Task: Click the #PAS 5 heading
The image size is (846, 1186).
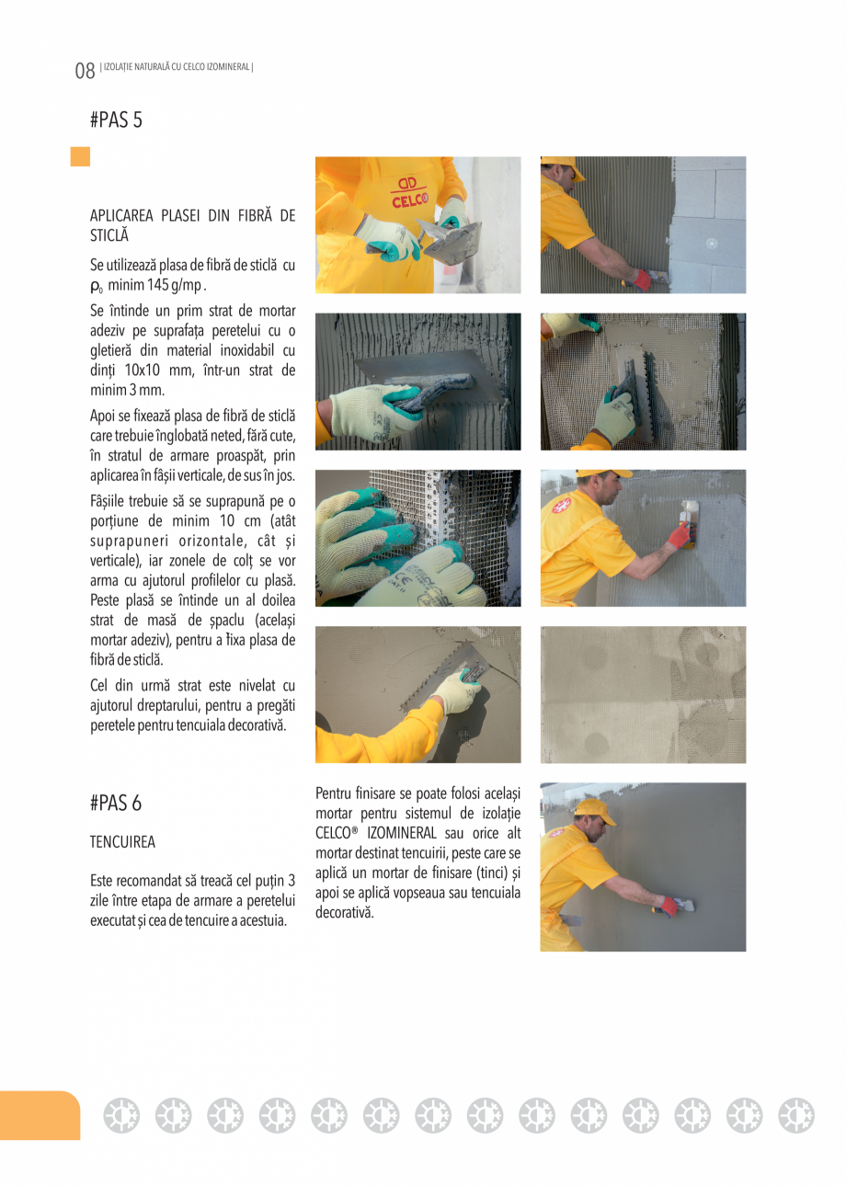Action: (x=116, y=120)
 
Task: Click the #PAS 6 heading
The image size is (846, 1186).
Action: (x=116, y=803)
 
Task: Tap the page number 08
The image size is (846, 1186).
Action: (x=85, y=71)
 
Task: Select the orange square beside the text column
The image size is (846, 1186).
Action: (x=81, y=156)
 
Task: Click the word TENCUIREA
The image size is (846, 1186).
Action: (x=122, y=841)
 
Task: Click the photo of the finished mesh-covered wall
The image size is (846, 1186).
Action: (x=643, y=694)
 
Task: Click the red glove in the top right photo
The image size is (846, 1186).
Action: (x=640, y=279)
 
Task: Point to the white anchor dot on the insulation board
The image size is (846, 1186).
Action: (x=710, y=244)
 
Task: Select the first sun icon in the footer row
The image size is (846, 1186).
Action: (x=120, y=1115)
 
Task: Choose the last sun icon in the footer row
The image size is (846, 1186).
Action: (x=795, y=1115)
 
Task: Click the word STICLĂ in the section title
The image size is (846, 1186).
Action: (x=109, y=235)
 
